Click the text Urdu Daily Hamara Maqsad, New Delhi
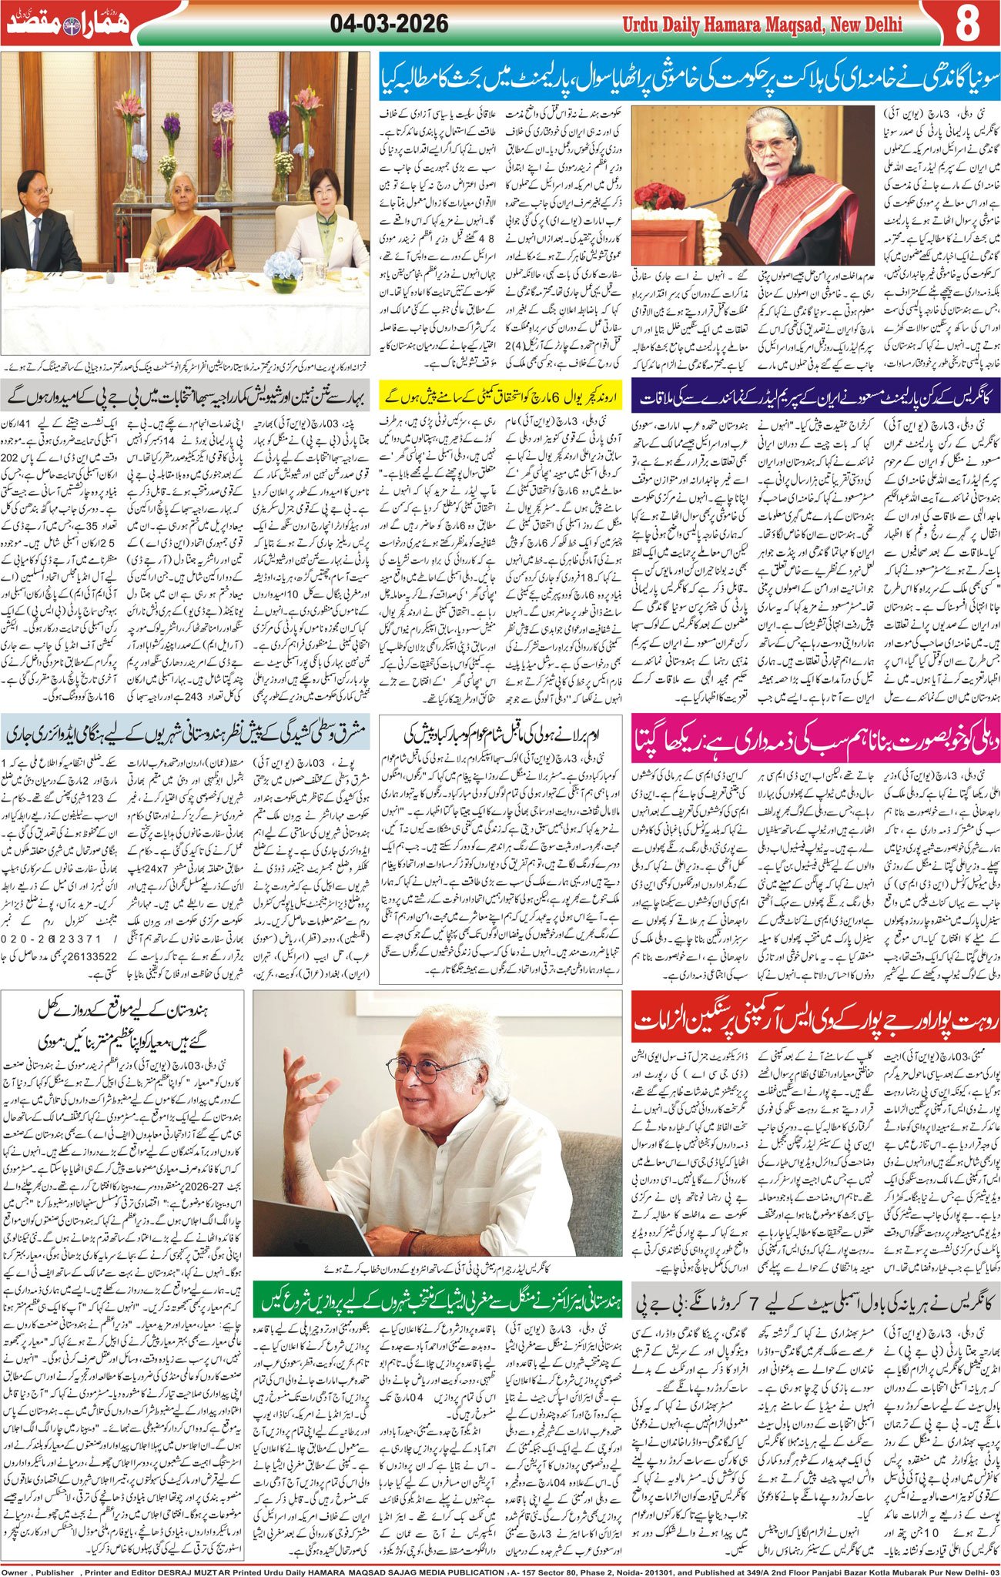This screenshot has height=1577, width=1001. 762,25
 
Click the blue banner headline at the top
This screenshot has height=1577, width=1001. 689,78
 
